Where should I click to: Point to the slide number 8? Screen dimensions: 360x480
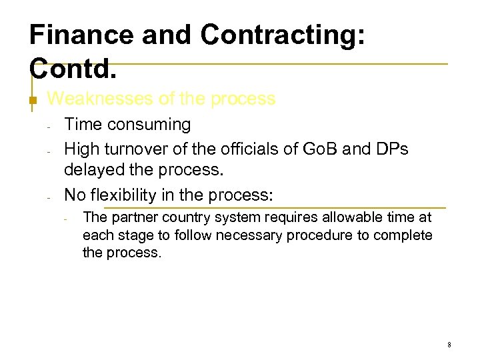[x=449, y=345]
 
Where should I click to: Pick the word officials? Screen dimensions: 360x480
[x=237, y=148]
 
